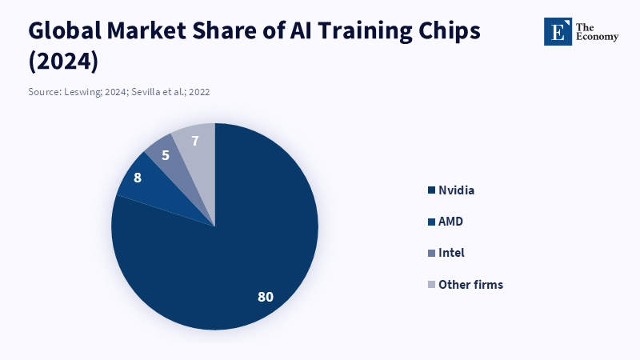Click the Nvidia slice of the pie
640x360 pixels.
(240, 256)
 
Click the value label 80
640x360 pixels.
(266, 297)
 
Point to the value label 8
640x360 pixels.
(138, 178)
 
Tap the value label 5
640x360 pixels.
(165, 154)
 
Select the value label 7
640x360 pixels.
(195, 141)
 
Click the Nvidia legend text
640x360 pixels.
(457, 190)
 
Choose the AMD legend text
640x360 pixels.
(451, 221)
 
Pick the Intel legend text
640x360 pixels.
(451, 253)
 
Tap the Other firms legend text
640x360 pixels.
(470, 284)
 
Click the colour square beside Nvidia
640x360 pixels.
(432, 190)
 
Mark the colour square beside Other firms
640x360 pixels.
(432, 284)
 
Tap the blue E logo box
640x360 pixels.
(558, 31)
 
